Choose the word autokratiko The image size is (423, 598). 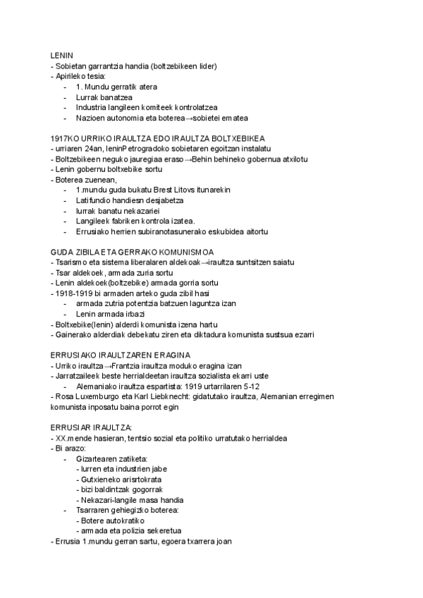(x=124, y=520)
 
